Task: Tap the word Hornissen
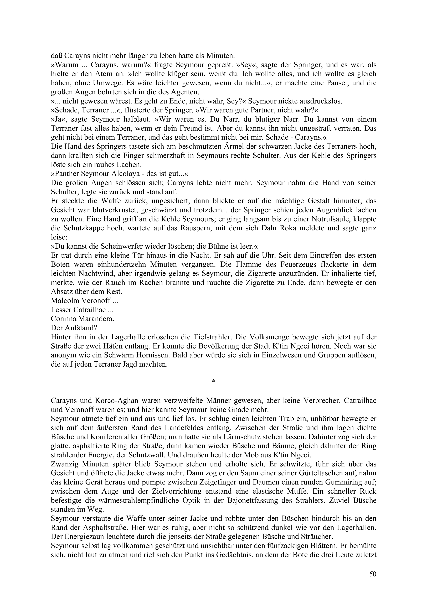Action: [151, 355]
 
